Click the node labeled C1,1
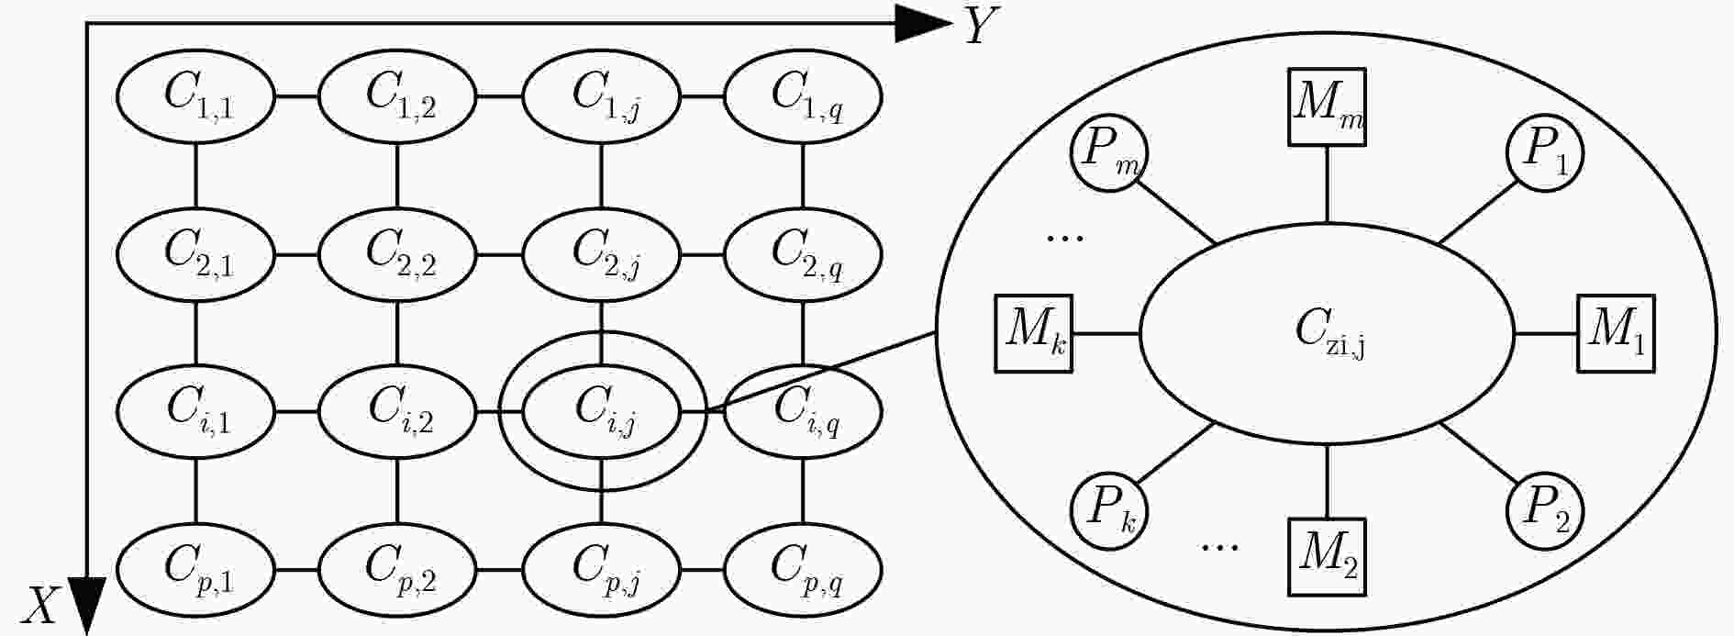[195, 95]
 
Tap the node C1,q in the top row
[803, 95]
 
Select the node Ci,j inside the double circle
[601, 411]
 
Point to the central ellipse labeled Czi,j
[1327, 333]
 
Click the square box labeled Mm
[1327, 106]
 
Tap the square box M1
[1616, 333]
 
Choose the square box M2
[1327, 557]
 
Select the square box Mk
[1034, 333]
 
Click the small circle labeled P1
[1545, 152]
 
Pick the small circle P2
[1545, 511]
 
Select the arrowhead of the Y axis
[922, 24]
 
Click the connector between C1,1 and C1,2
[296, 95]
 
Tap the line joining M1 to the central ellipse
[1545, 333]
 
